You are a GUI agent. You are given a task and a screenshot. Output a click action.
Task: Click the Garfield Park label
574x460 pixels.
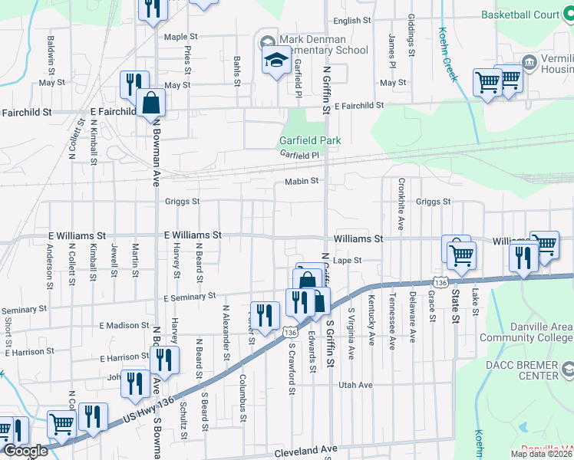click(309, 140)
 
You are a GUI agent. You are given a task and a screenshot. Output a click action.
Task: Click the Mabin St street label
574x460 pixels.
click(301, 182)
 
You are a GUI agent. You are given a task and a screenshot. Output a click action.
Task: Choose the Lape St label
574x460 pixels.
click(347, 261)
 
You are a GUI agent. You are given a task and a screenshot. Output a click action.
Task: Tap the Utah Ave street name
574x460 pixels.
click(355, 384)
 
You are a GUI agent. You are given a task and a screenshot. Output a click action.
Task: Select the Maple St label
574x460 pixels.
click(181, 36)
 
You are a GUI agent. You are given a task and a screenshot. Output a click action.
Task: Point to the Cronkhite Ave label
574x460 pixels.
click(401, 204)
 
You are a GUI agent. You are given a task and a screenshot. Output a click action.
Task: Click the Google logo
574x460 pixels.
click(25, 452)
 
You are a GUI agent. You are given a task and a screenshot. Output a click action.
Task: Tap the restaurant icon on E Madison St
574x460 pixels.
click(265, 315)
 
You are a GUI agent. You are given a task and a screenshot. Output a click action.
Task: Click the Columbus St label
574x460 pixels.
click(242, 394)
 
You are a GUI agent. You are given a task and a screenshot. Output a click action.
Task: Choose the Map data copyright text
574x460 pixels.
click(542, 454)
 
